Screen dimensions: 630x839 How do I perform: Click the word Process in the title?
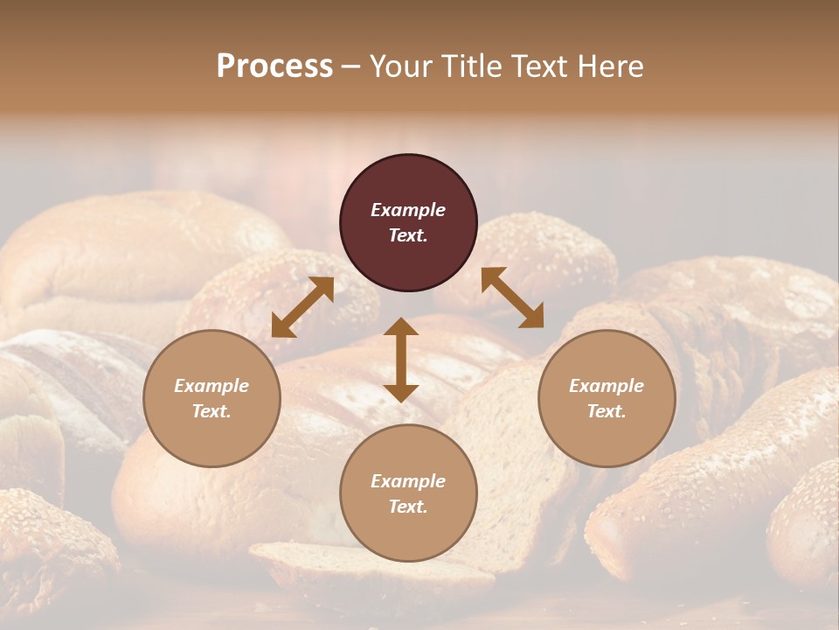pos(274,66)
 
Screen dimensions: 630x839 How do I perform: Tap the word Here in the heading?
pos(610,66)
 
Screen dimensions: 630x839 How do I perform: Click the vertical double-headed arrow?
pos(401,360)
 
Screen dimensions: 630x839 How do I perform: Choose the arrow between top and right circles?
pos(512,297)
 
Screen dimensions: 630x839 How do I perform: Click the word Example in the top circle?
pos(408,210)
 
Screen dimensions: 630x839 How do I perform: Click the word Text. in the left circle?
pos(211,411)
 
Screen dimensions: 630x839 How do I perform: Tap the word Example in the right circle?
pos(607,386)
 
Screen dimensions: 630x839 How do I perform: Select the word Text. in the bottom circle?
pos(408,507)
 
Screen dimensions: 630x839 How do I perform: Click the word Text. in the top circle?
pos(408,235)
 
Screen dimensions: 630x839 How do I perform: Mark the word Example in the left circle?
pos(211,386)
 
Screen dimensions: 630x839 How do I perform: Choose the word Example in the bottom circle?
pos(408,481)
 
